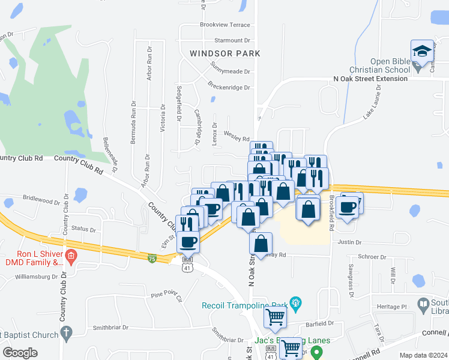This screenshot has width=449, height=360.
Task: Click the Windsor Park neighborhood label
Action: point(225,53)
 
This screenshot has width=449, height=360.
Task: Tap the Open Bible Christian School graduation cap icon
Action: point(423,50)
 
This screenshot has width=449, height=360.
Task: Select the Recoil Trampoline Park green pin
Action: point(295,301)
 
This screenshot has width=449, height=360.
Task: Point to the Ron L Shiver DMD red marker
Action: point(71,256)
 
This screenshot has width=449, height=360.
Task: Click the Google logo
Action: point(20,353)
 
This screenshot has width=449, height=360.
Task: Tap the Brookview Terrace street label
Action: point(224,25)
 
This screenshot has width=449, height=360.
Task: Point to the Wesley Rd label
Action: point(236,139)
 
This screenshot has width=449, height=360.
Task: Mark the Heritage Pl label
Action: point(396,306)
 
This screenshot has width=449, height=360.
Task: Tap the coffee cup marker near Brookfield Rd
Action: point(348,207)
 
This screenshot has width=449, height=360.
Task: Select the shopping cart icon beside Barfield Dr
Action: point(275,316)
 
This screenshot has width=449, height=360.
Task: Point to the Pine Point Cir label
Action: point(166,294)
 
